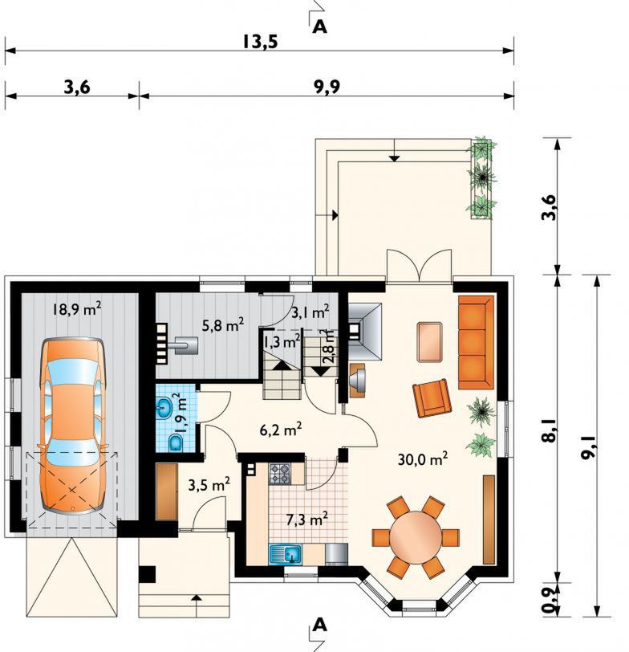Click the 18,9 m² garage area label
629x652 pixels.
tap(77, 309)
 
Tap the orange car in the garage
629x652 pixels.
tap(72, 426)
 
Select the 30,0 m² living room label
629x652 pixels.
tap(423, 459)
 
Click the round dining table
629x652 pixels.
tap(416, 537)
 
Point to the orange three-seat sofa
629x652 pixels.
tap(476, 342)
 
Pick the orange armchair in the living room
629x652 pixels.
tap(432, 398)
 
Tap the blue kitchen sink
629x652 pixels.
tap(286, 553)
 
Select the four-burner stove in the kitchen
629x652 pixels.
tap(280, 474)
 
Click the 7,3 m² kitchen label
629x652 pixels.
tap(307, 520)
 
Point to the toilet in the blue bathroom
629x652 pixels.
tap(176, 443)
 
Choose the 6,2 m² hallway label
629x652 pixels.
tap(281, 430)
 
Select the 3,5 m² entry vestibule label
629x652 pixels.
tap(209, 485)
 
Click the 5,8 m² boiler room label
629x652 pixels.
tap(223, 325)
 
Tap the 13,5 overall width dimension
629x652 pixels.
tap(260, 42)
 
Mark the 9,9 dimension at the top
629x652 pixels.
tap(327, 87)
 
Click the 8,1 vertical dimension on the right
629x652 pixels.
tap(550, 430)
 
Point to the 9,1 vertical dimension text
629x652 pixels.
tap(588, 446)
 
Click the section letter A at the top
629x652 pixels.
tap(319, 27)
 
